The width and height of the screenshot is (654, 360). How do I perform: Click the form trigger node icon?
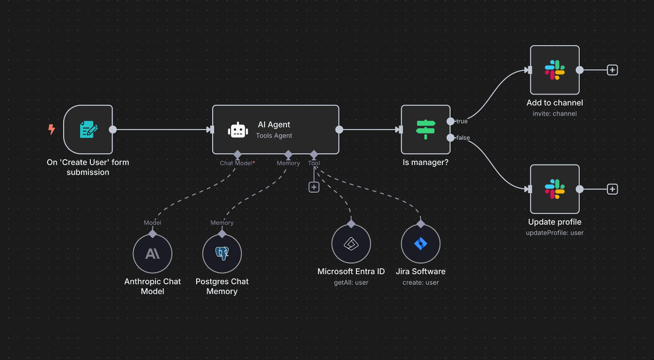(x=88, y=130)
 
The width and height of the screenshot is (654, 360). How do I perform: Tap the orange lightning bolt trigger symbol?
(x=51, y=130)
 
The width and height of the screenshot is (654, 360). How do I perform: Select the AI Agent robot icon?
(x=238, y=130)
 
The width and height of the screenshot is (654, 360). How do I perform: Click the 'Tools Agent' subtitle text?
(x=274, y=136)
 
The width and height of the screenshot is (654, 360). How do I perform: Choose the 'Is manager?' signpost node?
(x=426, y=130)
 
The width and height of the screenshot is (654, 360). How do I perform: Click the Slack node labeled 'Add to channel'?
(x=554, y=70)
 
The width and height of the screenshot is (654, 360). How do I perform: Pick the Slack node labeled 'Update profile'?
(x=554, y=189)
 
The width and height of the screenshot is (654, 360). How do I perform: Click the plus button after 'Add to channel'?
(x=613, y=70)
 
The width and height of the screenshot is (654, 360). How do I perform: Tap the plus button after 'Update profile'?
(x=613, y=189)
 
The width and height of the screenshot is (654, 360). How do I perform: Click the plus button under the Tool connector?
(x=314, y=187)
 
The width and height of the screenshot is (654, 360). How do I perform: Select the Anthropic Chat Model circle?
(x=152, y=254)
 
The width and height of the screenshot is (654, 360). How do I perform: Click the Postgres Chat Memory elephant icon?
(x=222, y=254)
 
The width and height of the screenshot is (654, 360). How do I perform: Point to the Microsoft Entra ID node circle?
(x=351, y=244)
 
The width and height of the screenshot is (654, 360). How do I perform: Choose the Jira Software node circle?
(x=420, y=244)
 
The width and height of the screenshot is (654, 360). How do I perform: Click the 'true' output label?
(x=462, y=121)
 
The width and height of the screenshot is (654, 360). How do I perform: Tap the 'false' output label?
(x=463, y=138)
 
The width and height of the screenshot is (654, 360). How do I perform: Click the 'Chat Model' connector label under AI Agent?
(x=236, y=163)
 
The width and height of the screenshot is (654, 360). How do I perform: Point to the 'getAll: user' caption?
(x=351, y=282)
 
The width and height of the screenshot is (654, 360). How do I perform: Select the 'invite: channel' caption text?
(x=554, y=114)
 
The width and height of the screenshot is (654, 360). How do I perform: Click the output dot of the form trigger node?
(x=113, y=130)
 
